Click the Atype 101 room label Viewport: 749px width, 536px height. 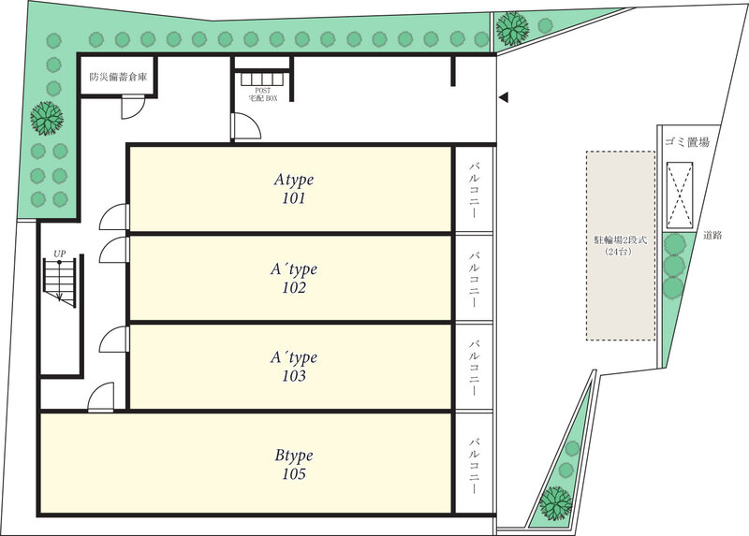294,189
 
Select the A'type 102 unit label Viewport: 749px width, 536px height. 294,278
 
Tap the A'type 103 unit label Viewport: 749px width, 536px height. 294,366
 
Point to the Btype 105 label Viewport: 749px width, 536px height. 294,464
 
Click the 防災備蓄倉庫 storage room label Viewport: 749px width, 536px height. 118,77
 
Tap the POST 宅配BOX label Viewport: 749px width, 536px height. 263,94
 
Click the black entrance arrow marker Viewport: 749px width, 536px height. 503,97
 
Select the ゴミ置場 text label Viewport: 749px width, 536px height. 687,142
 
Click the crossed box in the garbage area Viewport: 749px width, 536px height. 680,196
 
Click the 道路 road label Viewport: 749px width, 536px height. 712,235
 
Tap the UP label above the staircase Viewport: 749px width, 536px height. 59,254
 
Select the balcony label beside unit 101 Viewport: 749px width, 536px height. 474,190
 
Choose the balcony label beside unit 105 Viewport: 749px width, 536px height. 474,465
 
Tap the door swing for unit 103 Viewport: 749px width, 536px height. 113,340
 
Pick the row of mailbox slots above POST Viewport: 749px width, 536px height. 263,79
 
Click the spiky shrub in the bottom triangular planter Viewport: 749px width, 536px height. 556,503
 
